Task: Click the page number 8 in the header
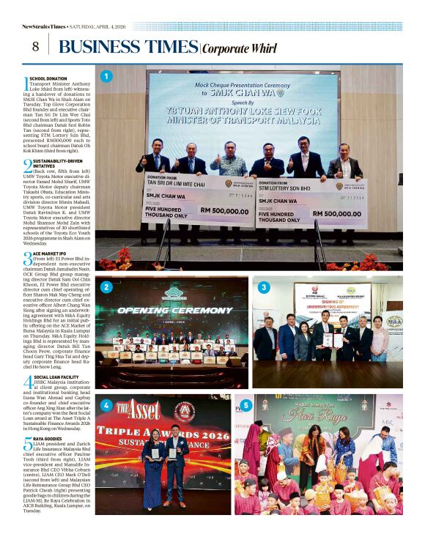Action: [34, 46]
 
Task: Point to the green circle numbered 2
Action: [107, 287]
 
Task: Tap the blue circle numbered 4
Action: [107, 405]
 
